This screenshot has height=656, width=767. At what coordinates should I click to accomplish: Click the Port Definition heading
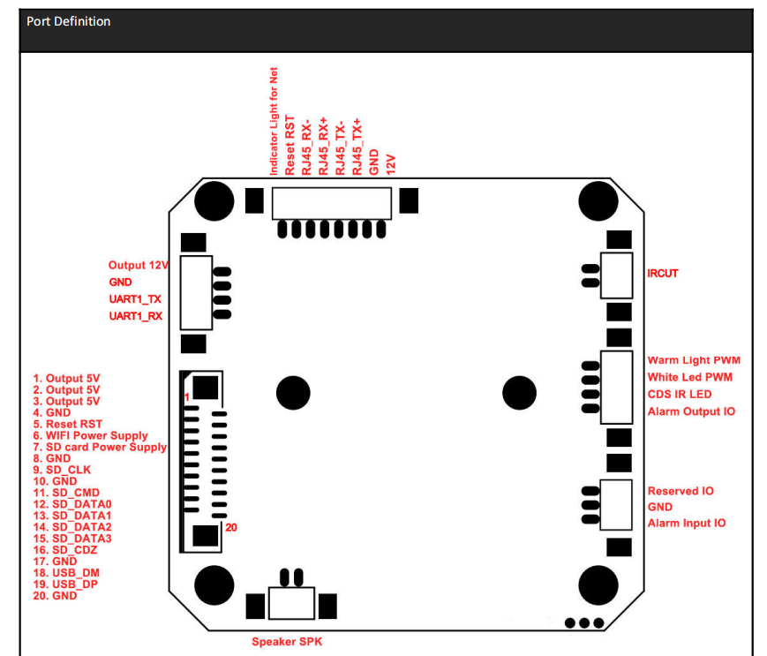pos(69,21)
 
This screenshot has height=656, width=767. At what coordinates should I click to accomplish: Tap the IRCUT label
pos(663,274)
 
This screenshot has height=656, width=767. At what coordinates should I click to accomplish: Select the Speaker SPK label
pos(287,642)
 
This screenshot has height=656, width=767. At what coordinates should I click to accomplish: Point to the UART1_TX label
pos(135,299)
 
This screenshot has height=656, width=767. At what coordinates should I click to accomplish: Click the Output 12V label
pos(139,265)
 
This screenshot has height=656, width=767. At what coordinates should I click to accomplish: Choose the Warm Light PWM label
pos(694,360)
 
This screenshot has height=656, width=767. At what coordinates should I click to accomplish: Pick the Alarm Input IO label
pos(687,524)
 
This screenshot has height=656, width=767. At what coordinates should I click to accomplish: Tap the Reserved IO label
pos(681,491)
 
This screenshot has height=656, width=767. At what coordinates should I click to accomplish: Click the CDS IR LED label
pos(680,395)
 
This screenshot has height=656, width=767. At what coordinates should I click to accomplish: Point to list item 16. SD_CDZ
pos(66,549)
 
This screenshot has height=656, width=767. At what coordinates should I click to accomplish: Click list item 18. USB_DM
pos(67,572)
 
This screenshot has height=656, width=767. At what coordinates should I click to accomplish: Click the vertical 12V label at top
pos(391,163)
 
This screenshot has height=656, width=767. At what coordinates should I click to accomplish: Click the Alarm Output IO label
pos(691,411)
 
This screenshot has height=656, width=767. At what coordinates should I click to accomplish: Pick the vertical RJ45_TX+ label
pos(357,146)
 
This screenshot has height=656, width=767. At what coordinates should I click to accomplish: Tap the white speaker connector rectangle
pos(293,605)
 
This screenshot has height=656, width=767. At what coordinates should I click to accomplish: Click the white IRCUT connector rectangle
pos(617,274)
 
